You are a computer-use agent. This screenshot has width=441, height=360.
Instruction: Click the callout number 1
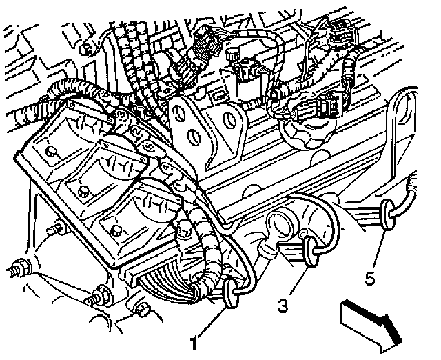coord(195,341)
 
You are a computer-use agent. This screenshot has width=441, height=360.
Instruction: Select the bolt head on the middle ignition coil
coord(84,190)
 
